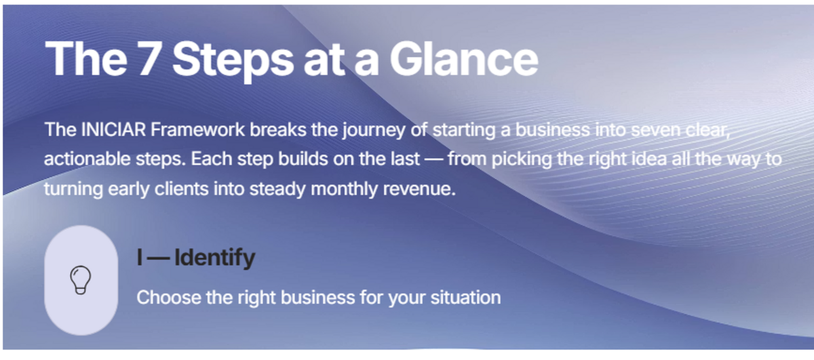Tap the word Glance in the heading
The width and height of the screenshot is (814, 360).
click(463, 59)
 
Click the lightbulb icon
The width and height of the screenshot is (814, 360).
click(81, 280)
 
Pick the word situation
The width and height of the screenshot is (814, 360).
click(462, 297)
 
